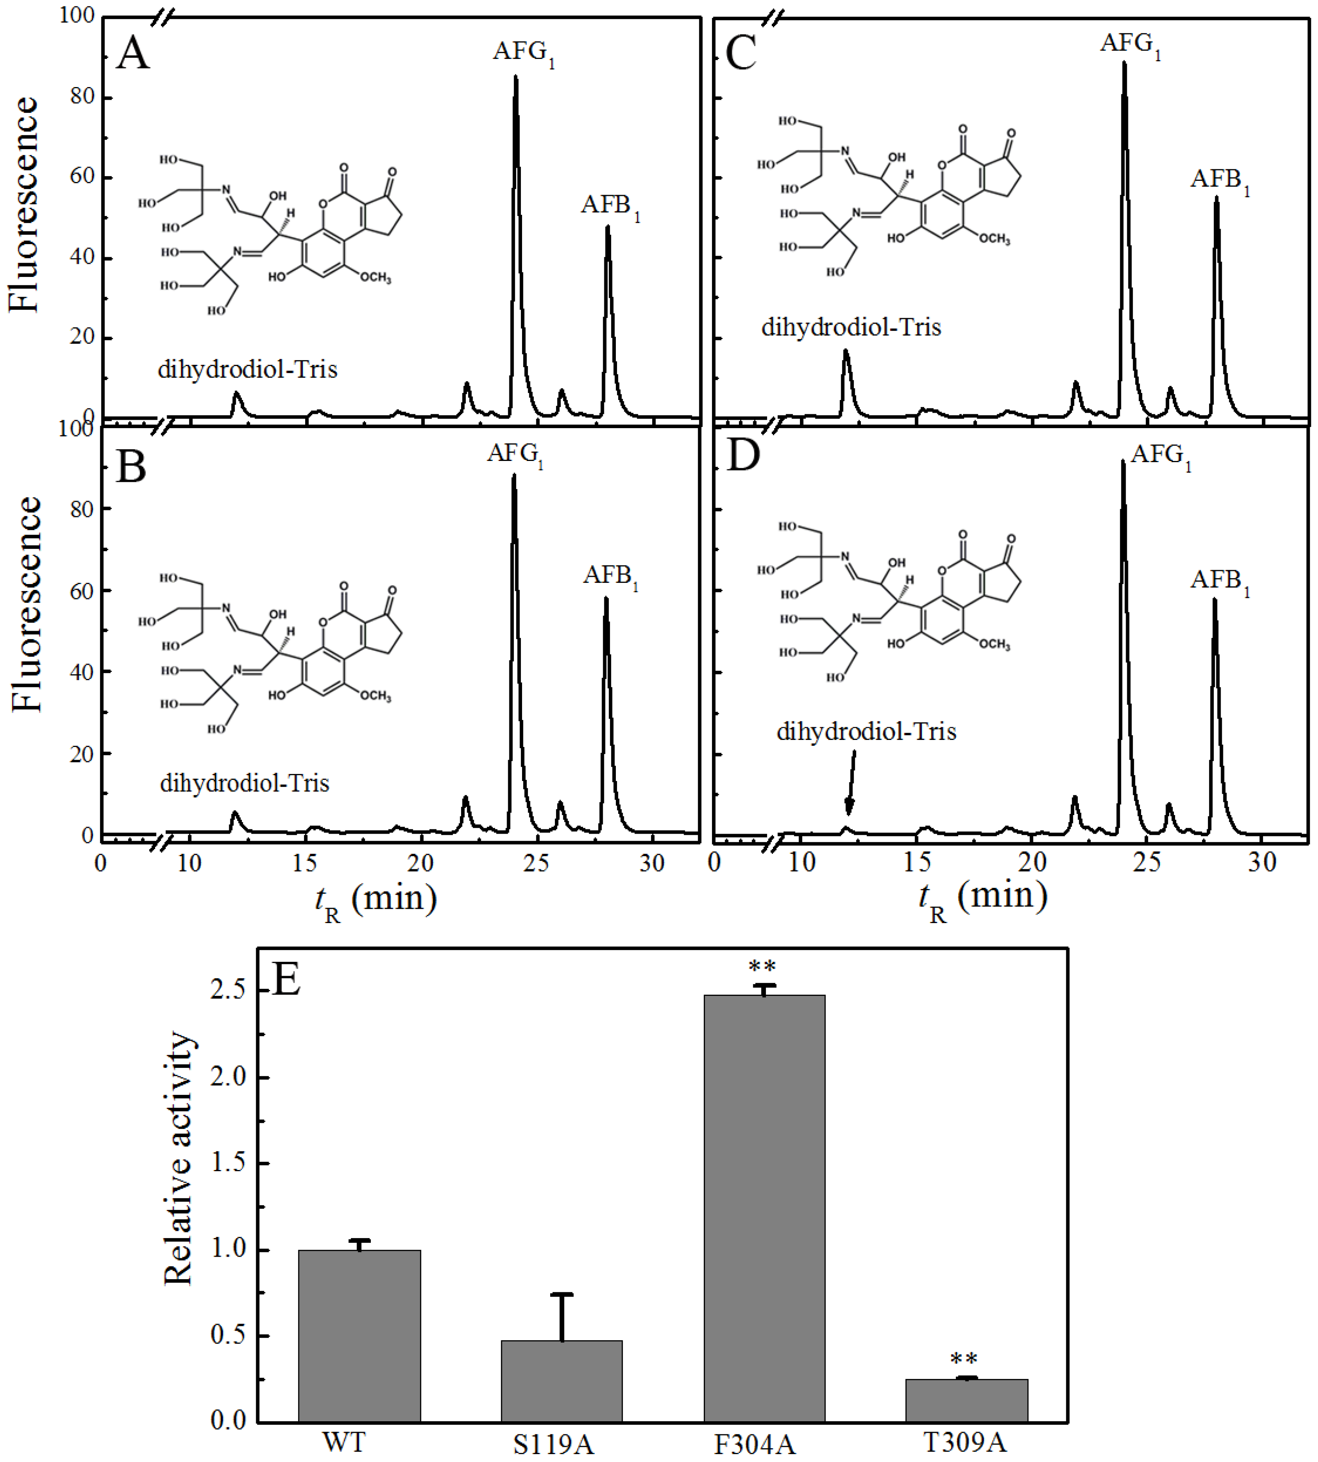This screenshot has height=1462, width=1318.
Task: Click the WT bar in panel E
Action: click(359, 1337)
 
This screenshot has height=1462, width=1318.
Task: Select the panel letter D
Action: click(742, 455)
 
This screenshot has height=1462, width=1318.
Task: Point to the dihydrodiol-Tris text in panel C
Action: click(851, 328)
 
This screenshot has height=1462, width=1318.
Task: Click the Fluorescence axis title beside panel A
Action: click(24, 205)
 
